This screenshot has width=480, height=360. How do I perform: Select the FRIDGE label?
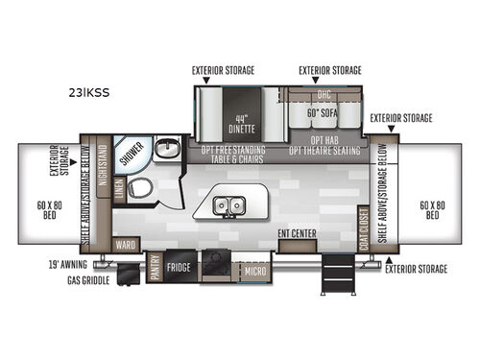[x=179, y=267]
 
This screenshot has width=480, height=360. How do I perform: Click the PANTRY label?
[x=153, y=266]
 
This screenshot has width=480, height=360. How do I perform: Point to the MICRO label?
[x=254, y=272]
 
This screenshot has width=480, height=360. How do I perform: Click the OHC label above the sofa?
[x=324, y=93]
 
